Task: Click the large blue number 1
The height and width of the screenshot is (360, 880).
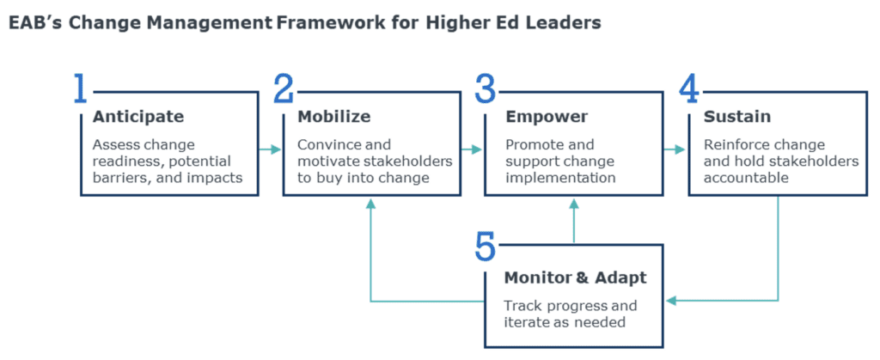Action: pyautogui.click(x=80, y=89)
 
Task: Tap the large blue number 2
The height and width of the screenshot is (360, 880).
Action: pyautogui.click(x=284, y=89)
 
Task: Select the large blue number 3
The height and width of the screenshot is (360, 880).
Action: pyautogui.click(x=486, y=89)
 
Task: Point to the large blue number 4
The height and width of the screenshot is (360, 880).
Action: pyautogui.click(x=688, y=89)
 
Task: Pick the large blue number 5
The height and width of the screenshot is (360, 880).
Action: pyautogui.click(x=486, y=246)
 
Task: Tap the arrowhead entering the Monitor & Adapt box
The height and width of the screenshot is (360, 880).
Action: pyautogui.click(x=671, y=301)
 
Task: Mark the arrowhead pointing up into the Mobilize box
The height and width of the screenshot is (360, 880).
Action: pyautogui.click(x=370, y=204)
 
